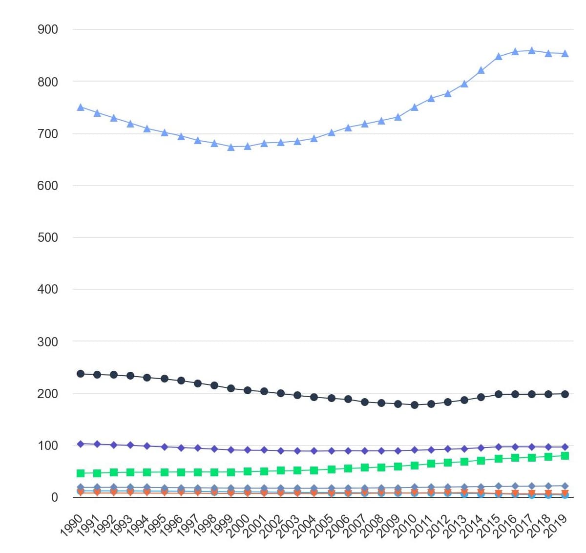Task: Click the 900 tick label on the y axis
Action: pyautogui.click(x=47, y=29)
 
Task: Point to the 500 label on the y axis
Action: pyautogui.click(x=47, y=237)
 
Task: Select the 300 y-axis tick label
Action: pyautogui.click(x=47, y=342)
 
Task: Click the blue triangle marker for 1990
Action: pyautogui.click(x=81, y=107)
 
